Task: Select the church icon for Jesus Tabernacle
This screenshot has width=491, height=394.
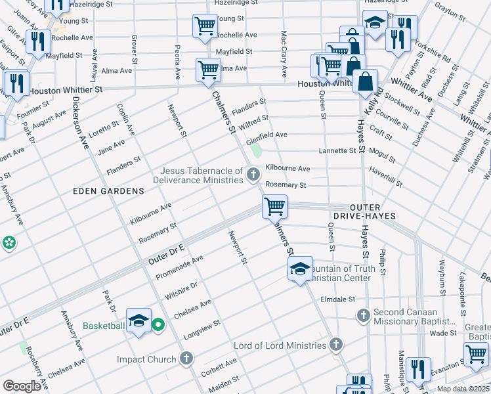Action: pyautogui.click(x=253, y=174)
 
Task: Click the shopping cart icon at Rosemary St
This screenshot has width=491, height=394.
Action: pyautogui.click(x=274, y=206)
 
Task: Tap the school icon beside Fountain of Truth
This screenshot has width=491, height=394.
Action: pyautogui.click(x=300, y=269)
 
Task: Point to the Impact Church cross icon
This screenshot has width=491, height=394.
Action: pyautogui.click(x=186, y=359)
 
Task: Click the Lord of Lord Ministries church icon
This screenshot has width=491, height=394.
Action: pyautogui.click(x=335, y=345)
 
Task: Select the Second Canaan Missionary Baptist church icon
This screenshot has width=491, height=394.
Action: pyautogui.click(x=363, y=316)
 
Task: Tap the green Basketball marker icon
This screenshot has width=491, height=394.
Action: pyautogui.click(x=158, y=325)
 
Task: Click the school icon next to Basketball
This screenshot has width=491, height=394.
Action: pyautogui.click(x=139, y=321)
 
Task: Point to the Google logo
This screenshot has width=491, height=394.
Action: pyautogui.click(x=22, y=386)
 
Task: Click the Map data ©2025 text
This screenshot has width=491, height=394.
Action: pyautogui.click(x=462, y=389)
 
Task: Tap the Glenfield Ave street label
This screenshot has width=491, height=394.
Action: pyautogui.click(x=267, y=135)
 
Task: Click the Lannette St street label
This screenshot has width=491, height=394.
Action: pyautogui.click(x=337, y=150)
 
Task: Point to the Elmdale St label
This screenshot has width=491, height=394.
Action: pyautogui.click(x=336, y=299)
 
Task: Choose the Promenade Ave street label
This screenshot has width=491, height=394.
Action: pyautogui.click(x=179, y=268)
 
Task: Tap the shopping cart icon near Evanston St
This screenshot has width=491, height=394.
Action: pyautogui.click(x=476, y=354)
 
